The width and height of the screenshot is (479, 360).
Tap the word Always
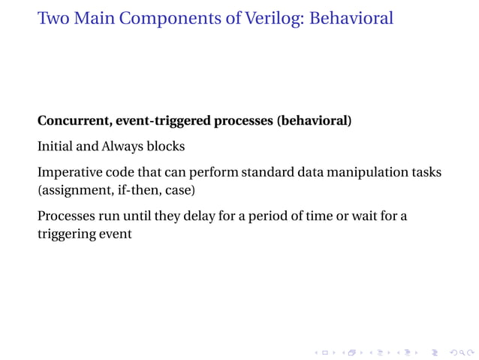[x=122, y=147]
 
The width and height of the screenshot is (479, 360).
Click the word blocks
[x=165, y=147]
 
